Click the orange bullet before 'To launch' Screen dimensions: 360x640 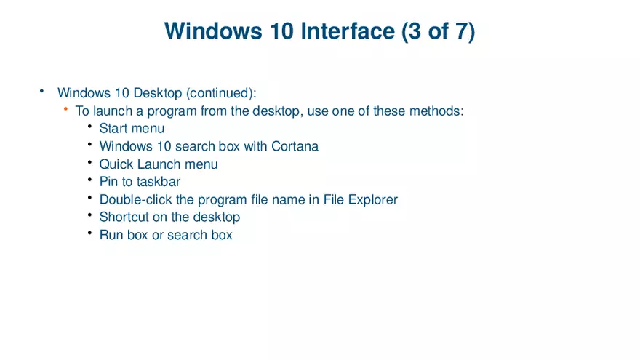tap(65, 110)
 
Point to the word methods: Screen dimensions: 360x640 tap(436, 111)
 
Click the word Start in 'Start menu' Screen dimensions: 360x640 tap(113, 129)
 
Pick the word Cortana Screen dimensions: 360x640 tap(295, 146)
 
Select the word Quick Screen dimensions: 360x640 tap(116, 164)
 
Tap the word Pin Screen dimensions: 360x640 tap(108, 182)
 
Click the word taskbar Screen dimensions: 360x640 tap(159, 182)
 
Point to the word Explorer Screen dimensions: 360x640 tap(372, 199)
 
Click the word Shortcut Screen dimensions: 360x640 tap(124, 217)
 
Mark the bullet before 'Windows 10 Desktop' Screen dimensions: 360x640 tap(42, 92)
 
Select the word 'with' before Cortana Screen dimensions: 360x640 tap(255, 146)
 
